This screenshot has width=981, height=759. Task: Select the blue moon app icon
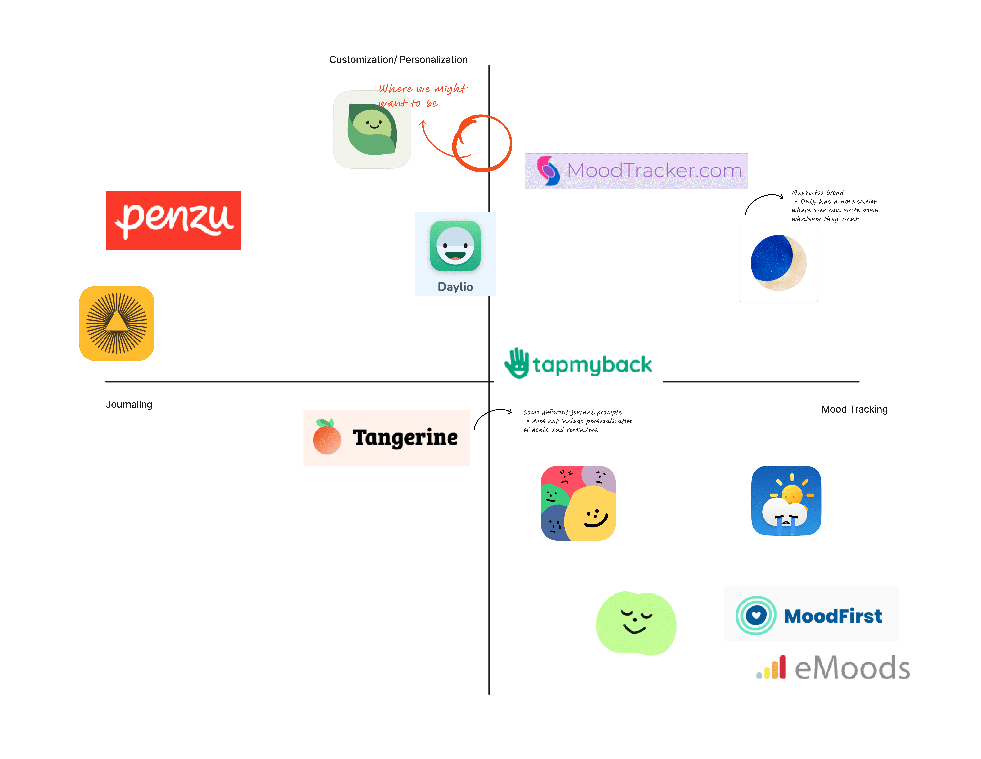[778, 263]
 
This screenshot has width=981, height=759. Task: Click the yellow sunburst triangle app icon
[117, 323]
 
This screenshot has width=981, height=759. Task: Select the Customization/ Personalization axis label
[398, 60]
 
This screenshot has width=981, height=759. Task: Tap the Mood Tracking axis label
[854, 409]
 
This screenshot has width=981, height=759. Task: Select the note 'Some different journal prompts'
[578, 421]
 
